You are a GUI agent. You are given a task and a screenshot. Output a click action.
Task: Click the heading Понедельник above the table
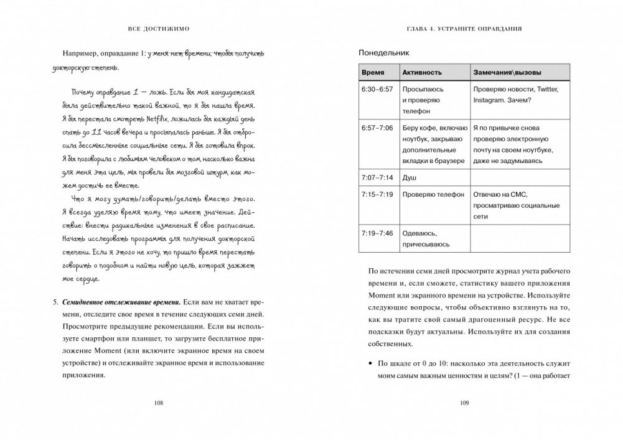(x=385, y=54)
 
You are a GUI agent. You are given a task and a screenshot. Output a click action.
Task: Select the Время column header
(x=373, y=73)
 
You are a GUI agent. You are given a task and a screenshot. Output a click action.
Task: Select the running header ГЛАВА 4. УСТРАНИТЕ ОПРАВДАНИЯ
(x=464, y=29)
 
